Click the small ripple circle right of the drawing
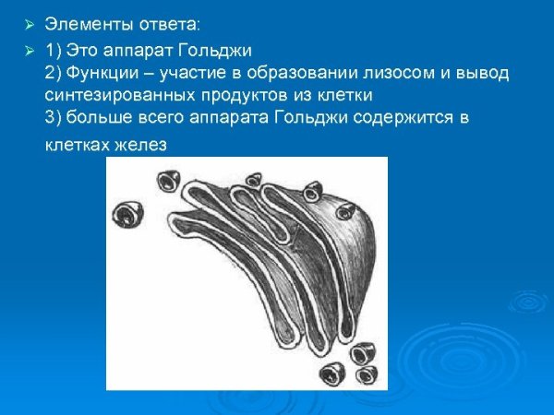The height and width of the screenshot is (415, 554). click(x=529, y=300)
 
